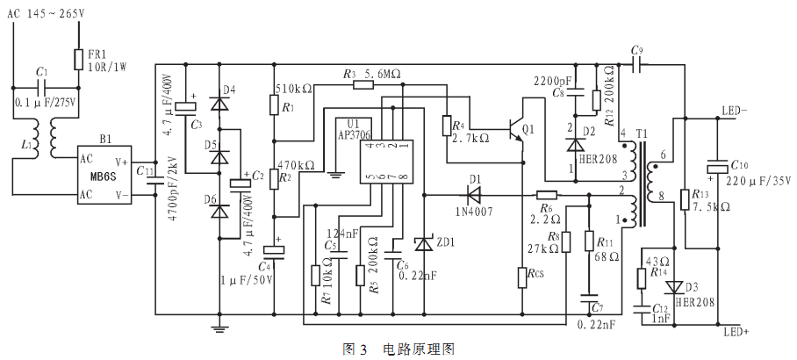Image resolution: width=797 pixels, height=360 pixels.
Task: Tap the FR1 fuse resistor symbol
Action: (x=78, y=59)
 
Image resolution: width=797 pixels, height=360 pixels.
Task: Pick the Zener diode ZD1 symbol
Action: (x=423, y=242)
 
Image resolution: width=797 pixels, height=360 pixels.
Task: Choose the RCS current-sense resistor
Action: (x=523, y=277)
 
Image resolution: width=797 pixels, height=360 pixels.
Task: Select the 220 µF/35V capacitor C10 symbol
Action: (x=717, y=167)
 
